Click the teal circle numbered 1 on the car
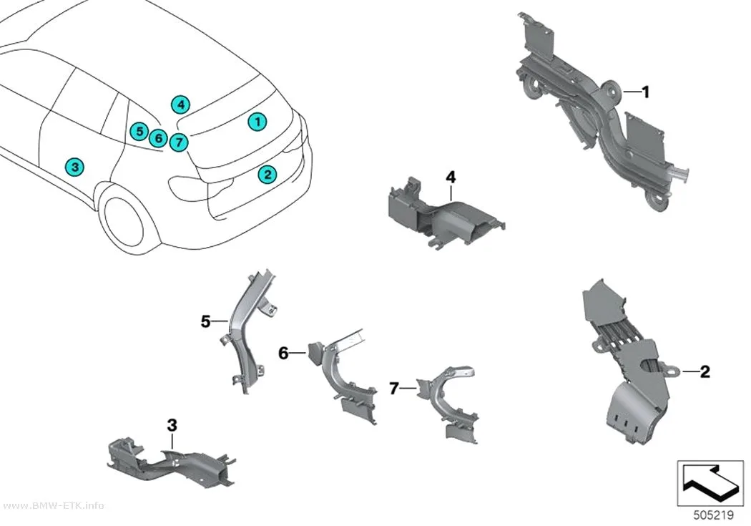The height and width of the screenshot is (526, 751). (257, 122)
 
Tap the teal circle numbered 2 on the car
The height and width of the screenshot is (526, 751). (267, 175)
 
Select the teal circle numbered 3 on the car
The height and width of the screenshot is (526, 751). (74, 167)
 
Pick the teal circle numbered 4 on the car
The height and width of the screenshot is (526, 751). (180, 104)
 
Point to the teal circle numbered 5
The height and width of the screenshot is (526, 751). (139, 131)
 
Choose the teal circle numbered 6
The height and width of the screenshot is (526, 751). (158, 139)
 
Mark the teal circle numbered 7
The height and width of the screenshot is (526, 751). (178, 142)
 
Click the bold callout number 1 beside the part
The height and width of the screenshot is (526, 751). (645, 92)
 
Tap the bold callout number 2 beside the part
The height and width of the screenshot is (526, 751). (705, 371)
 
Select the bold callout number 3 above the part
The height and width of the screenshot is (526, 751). (172, 425)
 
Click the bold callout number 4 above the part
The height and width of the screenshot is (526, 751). (451, 177)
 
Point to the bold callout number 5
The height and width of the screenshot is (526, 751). (205, 321)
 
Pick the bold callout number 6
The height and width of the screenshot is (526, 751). (283, 354)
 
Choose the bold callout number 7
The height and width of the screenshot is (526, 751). (393, 389)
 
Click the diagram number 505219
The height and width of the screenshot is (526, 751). (714, 515)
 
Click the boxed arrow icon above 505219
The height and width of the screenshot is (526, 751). (710, 483)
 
